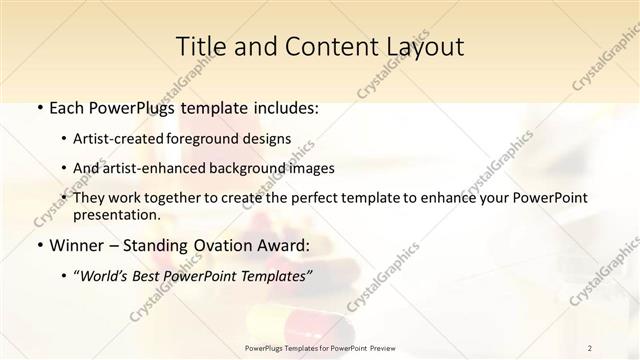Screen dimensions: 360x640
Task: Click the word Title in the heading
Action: click(x=201, y=46)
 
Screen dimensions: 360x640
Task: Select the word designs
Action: click(x=269, y=139)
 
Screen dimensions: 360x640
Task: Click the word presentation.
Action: click(x=117, y=214)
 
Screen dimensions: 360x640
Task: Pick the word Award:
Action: click(x=280, y=245)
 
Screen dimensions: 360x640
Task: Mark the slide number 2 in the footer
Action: click(x=591, y=348)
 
